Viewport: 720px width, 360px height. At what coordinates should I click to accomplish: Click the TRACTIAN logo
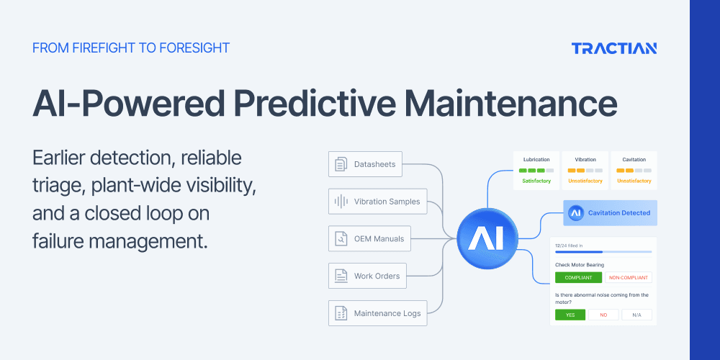click(x=614, y=48)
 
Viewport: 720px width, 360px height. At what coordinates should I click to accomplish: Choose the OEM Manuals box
click(x=369, y=238)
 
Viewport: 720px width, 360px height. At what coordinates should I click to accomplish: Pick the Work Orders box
click(x=367, y=276)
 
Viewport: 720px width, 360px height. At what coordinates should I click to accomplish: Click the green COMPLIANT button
click(x=578, y=277)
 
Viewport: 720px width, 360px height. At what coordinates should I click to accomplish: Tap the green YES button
click(x=570, y=315)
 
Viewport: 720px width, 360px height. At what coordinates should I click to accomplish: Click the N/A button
click(x=637, y=315)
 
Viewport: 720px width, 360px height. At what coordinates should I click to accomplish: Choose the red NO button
click(x=603, y=315)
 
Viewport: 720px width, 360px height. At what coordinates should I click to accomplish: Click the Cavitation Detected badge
click(x=611, y=213)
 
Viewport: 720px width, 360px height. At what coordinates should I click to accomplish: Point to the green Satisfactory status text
click(x=536, y=181)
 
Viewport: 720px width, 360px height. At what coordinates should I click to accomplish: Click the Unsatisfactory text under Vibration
click(x=585, y=181)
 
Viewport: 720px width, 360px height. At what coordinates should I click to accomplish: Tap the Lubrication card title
click(x=536, y=159)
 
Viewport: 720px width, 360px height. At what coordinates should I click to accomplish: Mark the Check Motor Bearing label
click(x=580, y=264)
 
